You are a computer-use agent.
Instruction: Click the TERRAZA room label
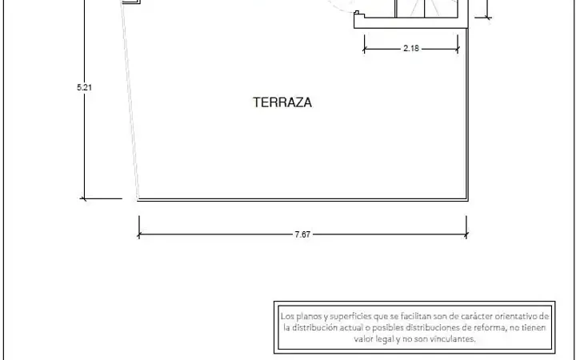pos(282,102)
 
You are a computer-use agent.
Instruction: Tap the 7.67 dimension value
pos(302,234)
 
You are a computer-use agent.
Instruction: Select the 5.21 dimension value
pos(84,87)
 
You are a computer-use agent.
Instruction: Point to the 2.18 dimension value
pos(411,48)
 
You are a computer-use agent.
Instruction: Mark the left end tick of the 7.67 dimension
pos(139,234)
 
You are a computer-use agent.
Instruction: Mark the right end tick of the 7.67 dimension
pos(466,234)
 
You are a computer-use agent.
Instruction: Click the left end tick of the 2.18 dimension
pos(364,49)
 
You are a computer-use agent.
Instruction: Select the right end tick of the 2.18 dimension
pos(458,49)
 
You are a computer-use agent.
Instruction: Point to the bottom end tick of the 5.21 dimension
pos(84,198)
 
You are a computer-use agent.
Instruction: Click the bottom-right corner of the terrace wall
pos(467,200)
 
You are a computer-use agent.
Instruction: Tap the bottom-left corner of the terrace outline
pos(138,200)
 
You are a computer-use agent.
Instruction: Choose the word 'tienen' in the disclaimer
pos(533,327)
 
